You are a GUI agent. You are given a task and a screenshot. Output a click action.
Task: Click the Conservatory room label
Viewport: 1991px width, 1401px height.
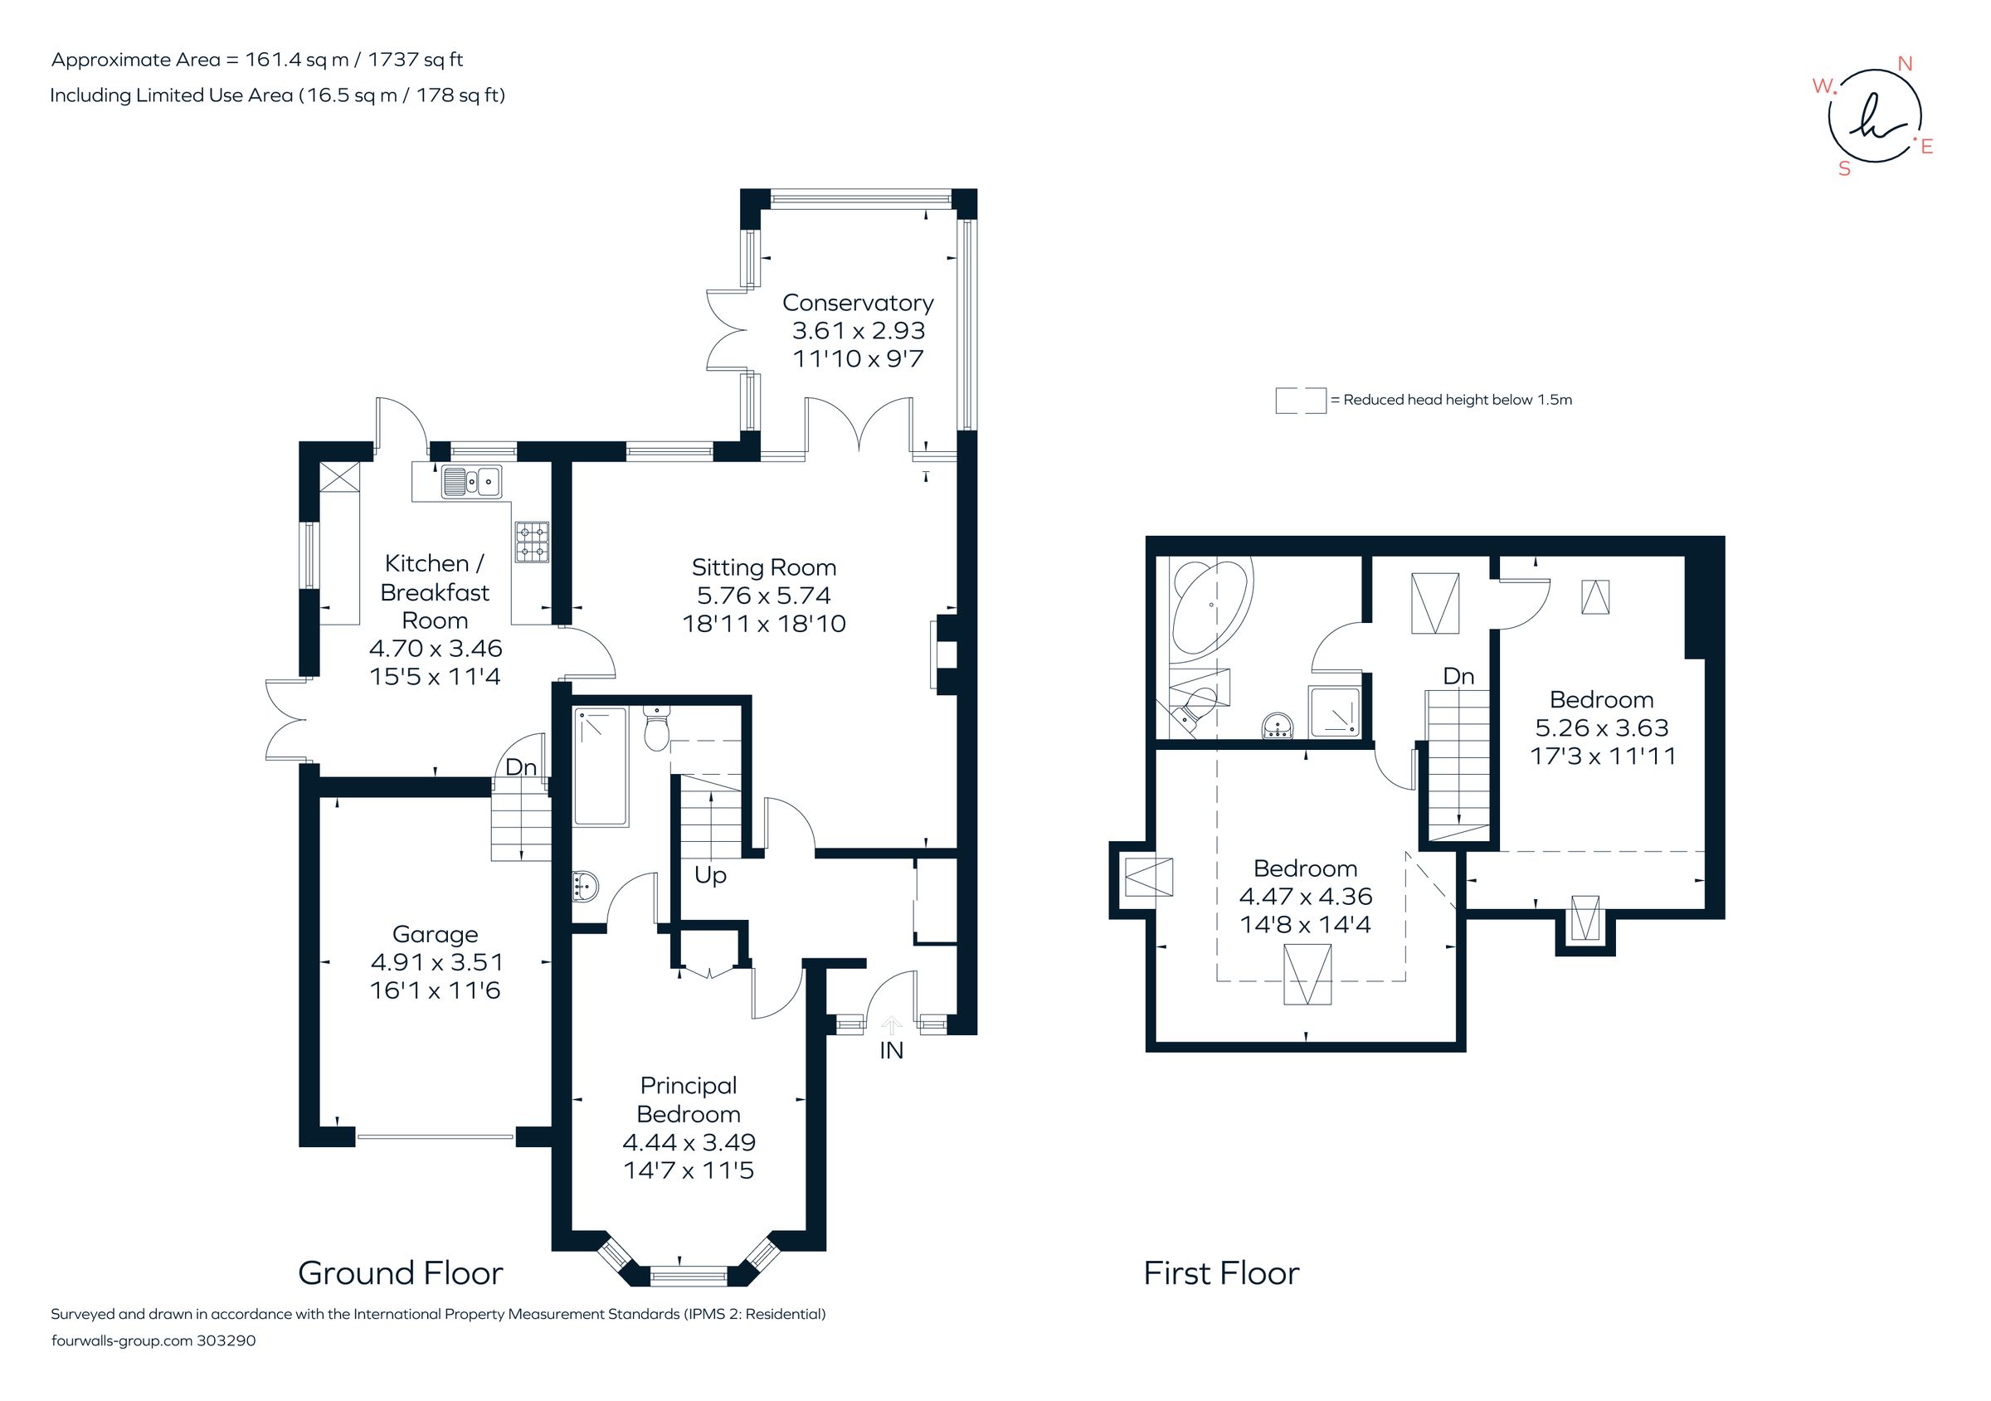pos(858,303)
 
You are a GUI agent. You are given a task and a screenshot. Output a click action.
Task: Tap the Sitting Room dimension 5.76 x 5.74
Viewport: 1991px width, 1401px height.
pos(763,596)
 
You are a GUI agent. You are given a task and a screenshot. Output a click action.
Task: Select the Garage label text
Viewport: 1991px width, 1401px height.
pos(436,935)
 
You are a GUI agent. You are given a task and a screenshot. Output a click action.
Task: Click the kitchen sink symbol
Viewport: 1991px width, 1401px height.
pos(472,481)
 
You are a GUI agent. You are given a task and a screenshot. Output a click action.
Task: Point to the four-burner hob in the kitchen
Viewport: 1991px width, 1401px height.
pos(532,541)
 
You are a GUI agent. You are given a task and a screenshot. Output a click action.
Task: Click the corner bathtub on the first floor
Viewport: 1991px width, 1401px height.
pos(1209,607)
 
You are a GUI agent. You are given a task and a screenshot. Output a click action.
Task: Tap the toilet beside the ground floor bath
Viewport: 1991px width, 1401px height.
pos(657,728)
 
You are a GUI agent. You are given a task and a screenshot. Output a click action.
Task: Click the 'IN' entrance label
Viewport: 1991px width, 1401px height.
pos(891,1051)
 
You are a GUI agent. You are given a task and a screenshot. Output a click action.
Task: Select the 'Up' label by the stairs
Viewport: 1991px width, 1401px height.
pos(709,876)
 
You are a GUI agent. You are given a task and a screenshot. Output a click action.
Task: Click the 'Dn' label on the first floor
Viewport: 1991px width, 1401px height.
pos(1458,676)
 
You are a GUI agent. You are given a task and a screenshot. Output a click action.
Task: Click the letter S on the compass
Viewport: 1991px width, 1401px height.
pos(1844,170)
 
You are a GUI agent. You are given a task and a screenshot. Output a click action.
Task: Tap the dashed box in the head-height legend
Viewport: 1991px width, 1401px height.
pos(1300,401)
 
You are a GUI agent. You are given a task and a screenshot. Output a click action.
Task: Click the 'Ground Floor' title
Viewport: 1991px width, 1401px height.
pos(400,1273)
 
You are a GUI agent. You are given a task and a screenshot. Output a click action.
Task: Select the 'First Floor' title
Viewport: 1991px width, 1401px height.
pos(1221,1273)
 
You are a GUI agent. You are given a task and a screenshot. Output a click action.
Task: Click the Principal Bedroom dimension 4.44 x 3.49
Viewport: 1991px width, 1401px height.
pos(689,1143)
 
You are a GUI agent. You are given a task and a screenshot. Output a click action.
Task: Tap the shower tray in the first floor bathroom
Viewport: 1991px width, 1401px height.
pos(1334,712)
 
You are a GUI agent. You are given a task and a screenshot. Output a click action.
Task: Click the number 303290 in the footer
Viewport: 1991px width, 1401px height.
pos(226,1340)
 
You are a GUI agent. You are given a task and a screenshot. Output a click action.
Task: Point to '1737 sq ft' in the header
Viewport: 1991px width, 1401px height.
pos(416,60)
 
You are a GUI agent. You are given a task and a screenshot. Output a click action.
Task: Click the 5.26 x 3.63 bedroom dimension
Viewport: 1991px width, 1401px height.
pos(1602,728)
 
